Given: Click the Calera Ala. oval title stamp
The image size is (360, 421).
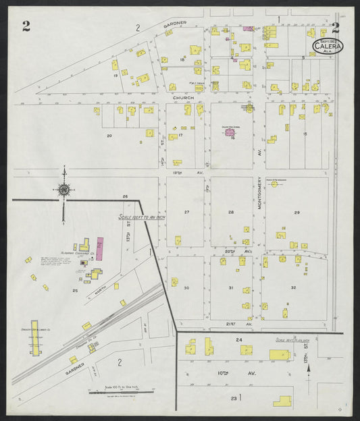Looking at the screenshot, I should [328, 46].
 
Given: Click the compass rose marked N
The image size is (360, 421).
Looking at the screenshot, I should [63, 190].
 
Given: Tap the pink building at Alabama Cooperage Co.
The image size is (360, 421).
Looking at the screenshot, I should [100, 248].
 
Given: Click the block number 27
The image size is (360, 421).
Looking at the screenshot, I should [187, 212].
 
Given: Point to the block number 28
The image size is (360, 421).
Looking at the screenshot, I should [231, 212].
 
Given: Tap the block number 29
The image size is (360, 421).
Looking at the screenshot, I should [296, 213].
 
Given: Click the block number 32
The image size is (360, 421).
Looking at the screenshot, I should [293, 287].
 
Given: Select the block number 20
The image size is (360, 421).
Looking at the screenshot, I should [109, 136].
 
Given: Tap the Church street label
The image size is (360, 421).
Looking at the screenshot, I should [183, 97].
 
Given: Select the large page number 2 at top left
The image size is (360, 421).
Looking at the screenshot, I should [26, 26].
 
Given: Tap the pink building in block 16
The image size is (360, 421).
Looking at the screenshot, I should [230, 133].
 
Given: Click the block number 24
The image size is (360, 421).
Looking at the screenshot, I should [238, 339].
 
